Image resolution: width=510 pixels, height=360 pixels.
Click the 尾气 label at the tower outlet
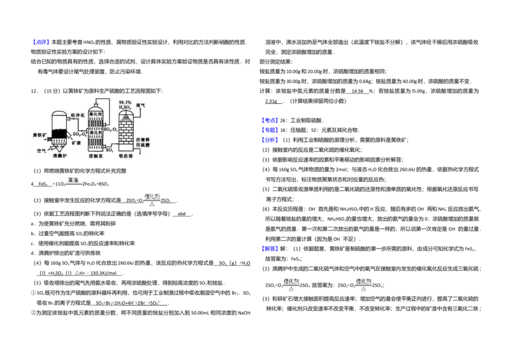coord(141,105)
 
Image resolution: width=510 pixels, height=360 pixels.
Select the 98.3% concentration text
coord(125,102)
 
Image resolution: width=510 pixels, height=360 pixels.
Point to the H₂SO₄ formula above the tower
coord(125,107)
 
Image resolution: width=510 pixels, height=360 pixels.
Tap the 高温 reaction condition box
coord(73,181)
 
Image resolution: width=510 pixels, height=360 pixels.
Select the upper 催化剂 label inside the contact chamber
coord(96,113)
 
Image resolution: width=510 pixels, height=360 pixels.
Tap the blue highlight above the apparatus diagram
coord(40,41)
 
